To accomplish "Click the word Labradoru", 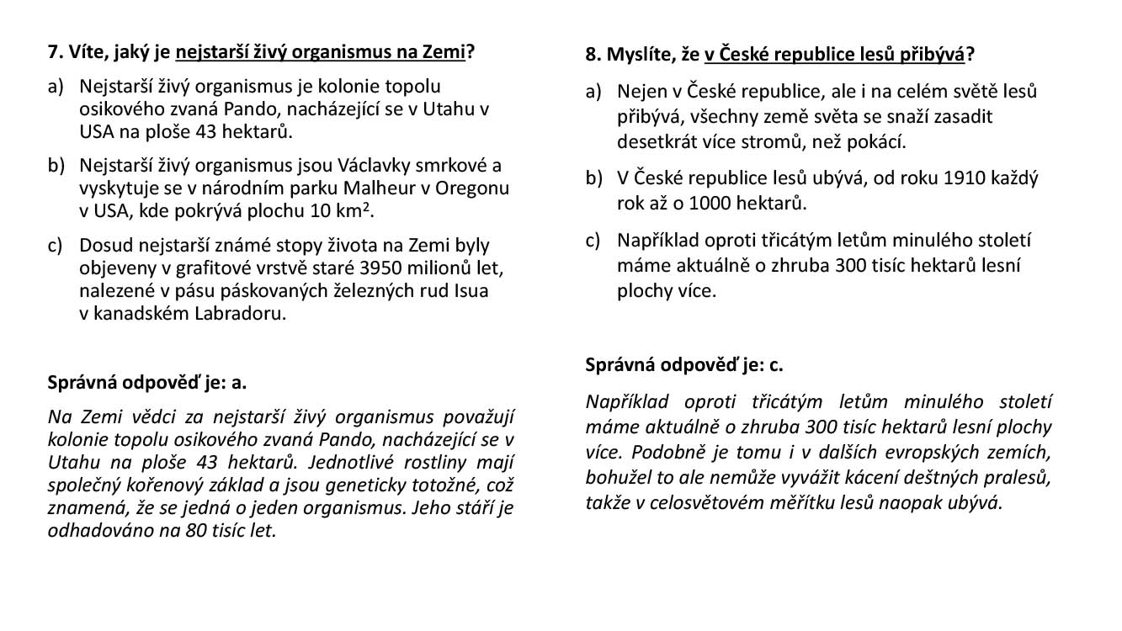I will pyautogui.click(x=242, y=314).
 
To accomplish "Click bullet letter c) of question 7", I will pyautogui.click(x=56, y=246).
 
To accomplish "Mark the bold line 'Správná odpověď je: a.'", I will pyautogui.click(x=147, y=382).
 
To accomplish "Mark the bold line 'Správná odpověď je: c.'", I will pyautogui.click(x=684, y=365).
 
